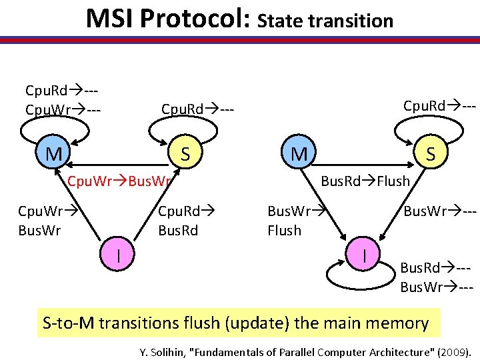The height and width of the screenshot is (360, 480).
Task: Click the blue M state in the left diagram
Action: pos(54,155)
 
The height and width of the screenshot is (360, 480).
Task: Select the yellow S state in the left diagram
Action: pos(185,155)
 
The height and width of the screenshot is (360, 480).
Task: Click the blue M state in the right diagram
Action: pos(299,155)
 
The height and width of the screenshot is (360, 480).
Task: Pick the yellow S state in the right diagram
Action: pos(431,155)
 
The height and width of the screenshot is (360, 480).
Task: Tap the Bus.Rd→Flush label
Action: pos(365,180)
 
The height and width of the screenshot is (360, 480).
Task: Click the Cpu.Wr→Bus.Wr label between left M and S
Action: pos(121,180)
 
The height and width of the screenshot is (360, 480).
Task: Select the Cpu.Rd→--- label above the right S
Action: pos(439,105)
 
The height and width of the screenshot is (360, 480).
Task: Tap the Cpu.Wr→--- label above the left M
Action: pos(63,107)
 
